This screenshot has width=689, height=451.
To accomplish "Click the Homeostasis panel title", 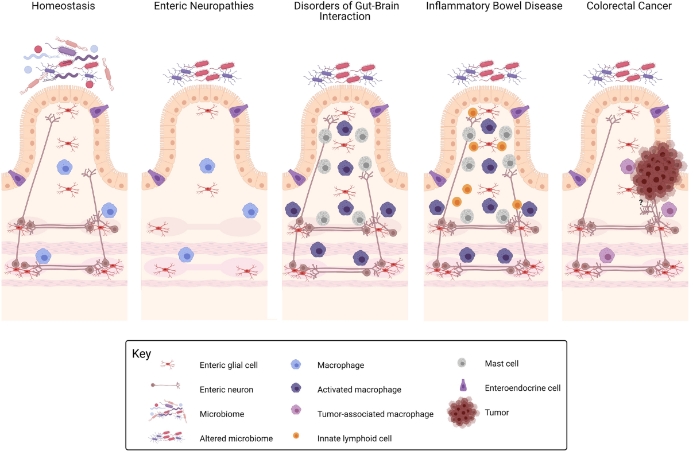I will [x=64, y=7].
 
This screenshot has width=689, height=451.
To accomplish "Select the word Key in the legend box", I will [x=142, y=353].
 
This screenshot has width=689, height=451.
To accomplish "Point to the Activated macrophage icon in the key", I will [x=296, y=389].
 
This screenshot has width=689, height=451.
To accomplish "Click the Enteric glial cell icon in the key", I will [x=168, y=364].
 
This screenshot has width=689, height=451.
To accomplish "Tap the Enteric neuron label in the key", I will [x=226, y=389].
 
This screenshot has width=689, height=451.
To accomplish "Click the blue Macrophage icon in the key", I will [x=296, y=364].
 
